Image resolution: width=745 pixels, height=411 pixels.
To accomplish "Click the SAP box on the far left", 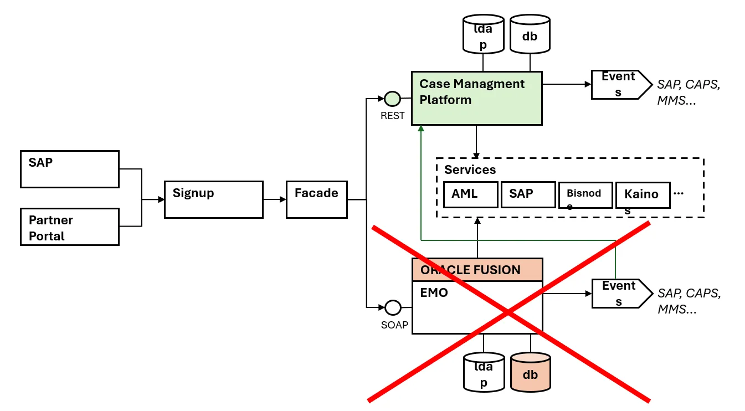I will [x=70, y=169].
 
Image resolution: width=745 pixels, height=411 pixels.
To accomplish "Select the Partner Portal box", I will [x=70, y=227].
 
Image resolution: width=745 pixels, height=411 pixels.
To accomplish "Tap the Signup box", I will [x=213, y=199].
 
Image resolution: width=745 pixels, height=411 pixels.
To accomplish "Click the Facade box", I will [x=316, y=199].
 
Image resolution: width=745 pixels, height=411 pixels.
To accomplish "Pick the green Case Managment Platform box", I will [x=476, y=98].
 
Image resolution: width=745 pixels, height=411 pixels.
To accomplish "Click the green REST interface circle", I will [x=392, y=99].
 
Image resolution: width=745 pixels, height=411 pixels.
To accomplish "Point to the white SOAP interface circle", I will [x=393, y=307].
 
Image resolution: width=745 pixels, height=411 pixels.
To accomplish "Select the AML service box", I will [x=471, y=194].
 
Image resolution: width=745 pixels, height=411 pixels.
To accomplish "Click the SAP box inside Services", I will [x=528, y=194].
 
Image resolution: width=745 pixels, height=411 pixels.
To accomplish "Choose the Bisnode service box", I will [x=585, y=195].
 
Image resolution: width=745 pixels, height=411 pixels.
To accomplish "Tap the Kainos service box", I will [x=643, y=195].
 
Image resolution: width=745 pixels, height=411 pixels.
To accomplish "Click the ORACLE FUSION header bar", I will [x=477, y=270].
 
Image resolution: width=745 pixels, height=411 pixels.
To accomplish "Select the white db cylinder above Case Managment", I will [x=530, y=34].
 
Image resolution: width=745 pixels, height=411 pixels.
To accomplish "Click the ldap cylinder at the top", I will [x=483, y=34].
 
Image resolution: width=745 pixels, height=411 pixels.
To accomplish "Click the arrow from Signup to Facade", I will [x=274, y=199].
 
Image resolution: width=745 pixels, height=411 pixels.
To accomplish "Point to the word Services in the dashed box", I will [x=470, y=169].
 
